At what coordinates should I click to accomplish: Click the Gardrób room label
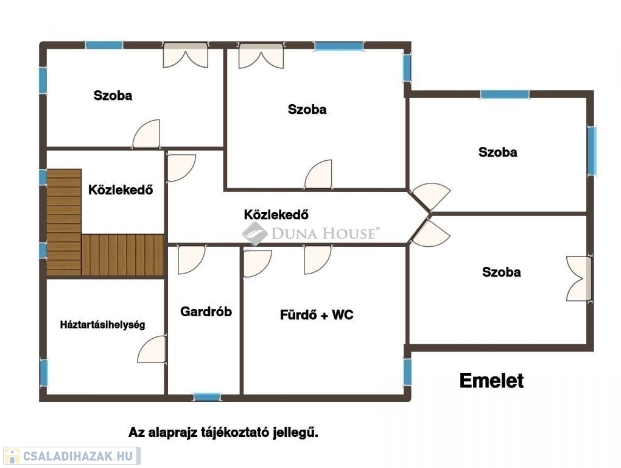point(206,311)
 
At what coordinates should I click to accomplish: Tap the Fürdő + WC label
point(317,315)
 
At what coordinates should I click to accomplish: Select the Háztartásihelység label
point(102,325)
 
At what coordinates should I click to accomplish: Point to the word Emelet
point(491,381)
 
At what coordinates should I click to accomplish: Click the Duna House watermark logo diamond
point(254,233)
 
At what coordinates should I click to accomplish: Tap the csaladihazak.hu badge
point(72,456)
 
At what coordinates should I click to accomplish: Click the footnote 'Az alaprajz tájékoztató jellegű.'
point(223,433)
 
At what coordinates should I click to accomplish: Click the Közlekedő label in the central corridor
point(276,214)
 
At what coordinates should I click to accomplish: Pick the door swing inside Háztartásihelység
point(152,350)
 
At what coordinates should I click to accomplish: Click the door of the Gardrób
point(191,260)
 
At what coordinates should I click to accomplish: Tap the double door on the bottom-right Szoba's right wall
point(579,278)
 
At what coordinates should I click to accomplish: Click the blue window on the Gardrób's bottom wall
point(207,397)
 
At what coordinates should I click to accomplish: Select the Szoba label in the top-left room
point(113,96)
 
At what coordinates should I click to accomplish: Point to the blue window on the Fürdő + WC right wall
point(407,372)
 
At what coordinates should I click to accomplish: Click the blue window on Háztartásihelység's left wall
point(43,372)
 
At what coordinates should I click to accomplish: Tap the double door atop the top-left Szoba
point(186,55)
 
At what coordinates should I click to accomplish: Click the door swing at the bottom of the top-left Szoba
point(147,134)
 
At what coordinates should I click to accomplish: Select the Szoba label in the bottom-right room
point(501,272)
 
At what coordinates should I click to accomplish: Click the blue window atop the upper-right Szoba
point(504,94)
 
